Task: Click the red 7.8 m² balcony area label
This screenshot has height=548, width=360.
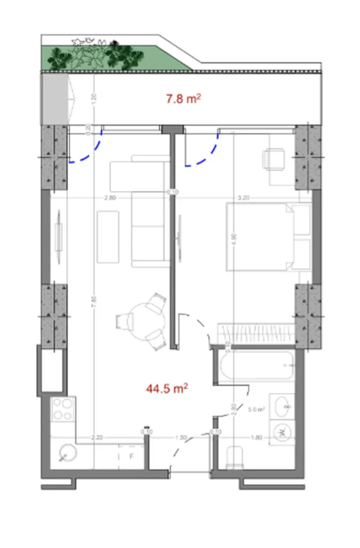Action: click(x=183, y=98)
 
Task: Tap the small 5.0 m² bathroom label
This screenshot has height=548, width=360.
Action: click(x=257, y=410)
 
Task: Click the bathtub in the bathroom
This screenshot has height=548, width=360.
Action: click(x=256, y=365)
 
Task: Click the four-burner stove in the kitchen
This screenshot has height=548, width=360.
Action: click(x=63, y=409)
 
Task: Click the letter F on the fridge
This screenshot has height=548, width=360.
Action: click(x=131, y=456)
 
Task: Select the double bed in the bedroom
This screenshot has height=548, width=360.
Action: click(x=269, y=237)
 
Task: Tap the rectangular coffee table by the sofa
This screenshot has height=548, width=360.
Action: click(x=108, y=236)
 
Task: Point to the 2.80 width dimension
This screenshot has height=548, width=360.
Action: click(x=110, y=197)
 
